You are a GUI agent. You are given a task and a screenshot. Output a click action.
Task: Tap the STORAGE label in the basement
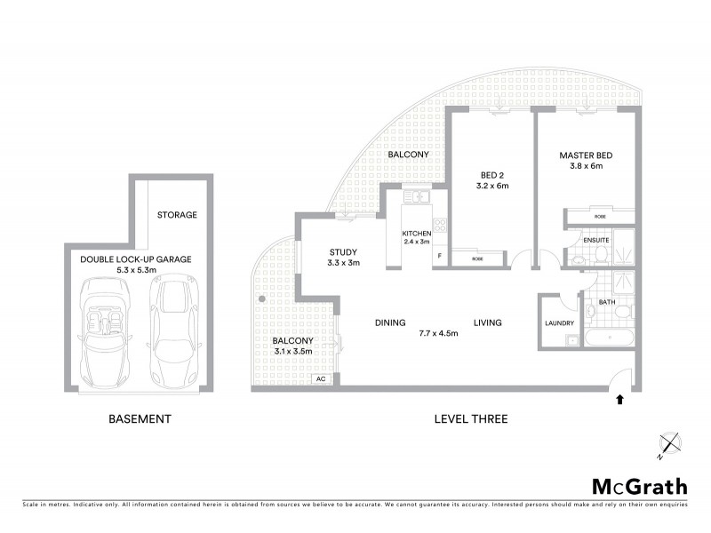(x=177, y=215)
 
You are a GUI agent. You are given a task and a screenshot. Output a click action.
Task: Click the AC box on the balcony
(x=319, y=378)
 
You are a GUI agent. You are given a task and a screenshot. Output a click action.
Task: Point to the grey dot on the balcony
(x=261, y=300)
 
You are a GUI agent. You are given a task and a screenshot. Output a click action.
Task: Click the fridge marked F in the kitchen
(x=438, y=257)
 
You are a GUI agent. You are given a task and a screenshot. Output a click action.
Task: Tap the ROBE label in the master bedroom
(x=600, y=216)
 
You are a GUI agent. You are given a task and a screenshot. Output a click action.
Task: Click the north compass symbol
(x=668, y=443)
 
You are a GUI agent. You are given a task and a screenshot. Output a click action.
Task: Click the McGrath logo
(x=639, y=486)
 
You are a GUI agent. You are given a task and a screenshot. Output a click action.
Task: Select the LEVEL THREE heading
(x=470, y=418)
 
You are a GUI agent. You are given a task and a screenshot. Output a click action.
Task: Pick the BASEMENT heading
(x=140, y=418)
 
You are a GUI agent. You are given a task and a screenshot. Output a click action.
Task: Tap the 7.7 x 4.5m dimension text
(x=438, y=334)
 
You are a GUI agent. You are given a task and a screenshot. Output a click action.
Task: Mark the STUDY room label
(x=342, y=251)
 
